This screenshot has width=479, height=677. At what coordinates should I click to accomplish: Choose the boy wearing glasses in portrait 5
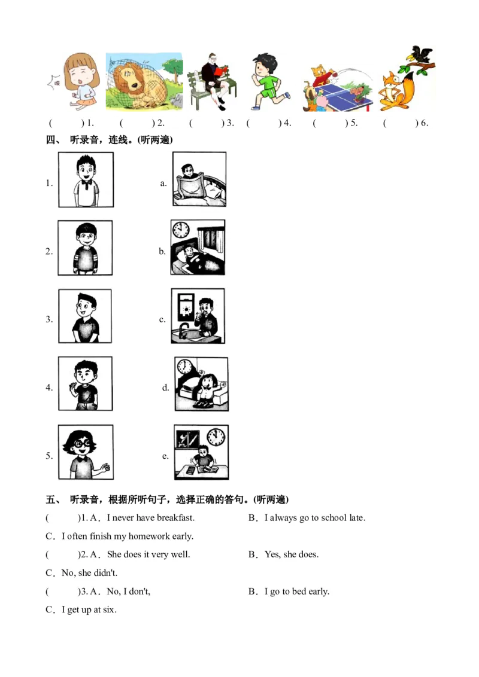(85, 452)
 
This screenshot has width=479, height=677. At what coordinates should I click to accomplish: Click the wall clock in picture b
(180, 230)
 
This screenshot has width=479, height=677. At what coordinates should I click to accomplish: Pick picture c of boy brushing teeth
(198, 316)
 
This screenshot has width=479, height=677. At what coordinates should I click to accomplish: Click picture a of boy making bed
(199, 179)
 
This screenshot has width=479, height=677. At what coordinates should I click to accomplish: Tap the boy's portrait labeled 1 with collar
(86, 179)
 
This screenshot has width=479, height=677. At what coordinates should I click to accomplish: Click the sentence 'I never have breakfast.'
(150, 518)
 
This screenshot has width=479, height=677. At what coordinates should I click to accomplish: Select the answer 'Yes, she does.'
(291, 554)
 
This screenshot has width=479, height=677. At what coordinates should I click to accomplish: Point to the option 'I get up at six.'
(89, 610)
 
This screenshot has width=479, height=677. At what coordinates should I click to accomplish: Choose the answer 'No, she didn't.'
(89, 573)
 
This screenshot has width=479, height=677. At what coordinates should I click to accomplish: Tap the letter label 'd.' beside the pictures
(165, 388)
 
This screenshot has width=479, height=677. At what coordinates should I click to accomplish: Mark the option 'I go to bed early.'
(296, 591)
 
